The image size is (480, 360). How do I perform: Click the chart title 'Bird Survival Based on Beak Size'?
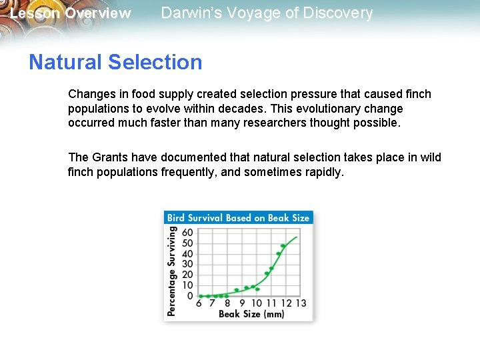click(x=238, y=218)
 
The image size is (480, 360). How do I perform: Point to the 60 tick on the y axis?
click(x=187, y=233)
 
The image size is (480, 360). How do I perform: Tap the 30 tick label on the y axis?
click(x=187, y=264)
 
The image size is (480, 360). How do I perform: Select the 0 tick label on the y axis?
click(x=190, y=295)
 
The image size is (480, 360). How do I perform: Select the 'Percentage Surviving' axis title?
click(x=172, y=271)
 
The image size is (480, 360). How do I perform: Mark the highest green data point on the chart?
click(x=283, y=246)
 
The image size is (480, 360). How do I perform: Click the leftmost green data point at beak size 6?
click(x=201, y=296)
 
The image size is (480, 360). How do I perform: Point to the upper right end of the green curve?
click(x=297, y=237)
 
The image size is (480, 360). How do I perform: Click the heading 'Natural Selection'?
click(x=115, y=62)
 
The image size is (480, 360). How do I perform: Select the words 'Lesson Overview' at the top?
click(x=71, y=13)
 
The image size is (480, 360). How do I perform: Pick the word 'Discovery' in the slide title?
click(x=340, y=13)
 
